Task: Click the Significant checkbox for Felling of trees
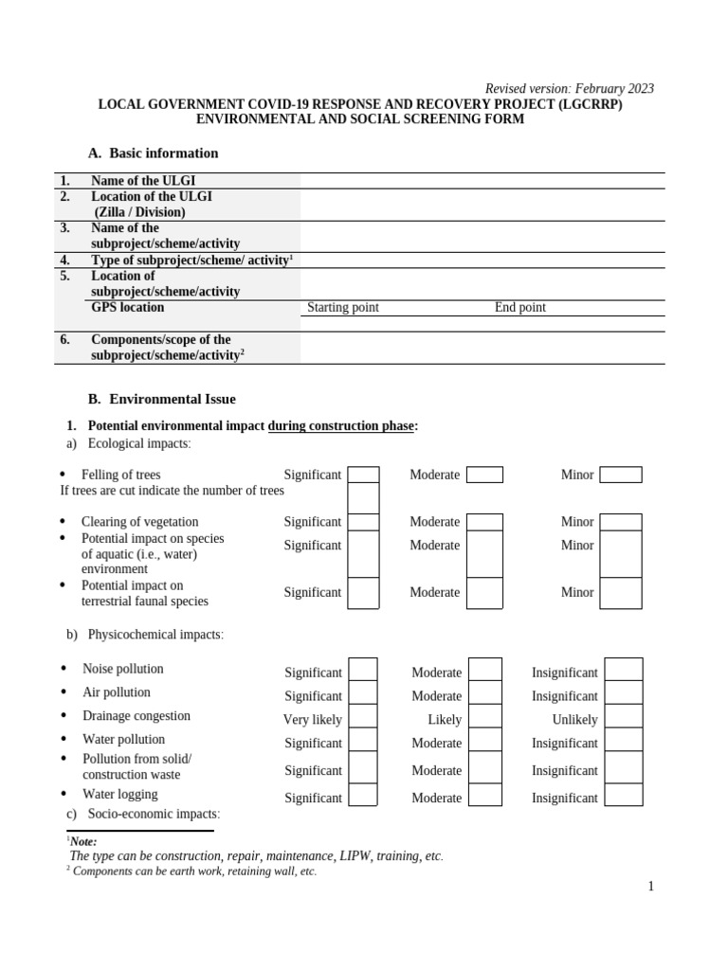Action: [x=363, y=475]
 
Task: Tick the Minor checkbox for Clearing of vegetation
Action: [x=621, y=522]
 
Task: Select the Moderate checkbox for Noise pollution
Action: [x=485, y=670]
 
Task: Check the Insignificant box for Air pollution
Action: [x=623, y=693]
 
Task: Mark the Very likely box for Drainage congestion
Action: [x=363, y=717]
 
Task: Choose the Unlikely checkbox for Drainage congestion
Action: [x=623, y=717]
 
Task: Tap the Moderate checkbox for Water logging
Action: [x=485, y=795]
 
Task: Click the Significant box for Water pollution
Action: [x=363, y=741]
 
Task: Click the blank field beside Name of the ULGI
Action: [x=482, y=181]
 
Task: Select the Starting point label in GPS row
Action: [x=343, y=308]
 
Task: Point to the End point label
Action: [x=519, y=308]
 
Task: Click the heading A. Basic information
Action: [x=153, y=153]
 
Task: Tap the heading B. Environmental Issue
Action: [x=161, y=400]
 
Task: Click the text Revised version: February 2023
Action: [x=569, y=89]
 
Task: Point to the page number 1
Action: [x=651, y=887]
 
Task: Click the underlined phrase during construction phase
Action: [x=340, y=426]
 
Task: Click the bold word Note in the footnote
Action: [x=83, y=841]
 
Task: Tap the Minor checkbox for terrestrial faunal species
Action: [x=621, y=593]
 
